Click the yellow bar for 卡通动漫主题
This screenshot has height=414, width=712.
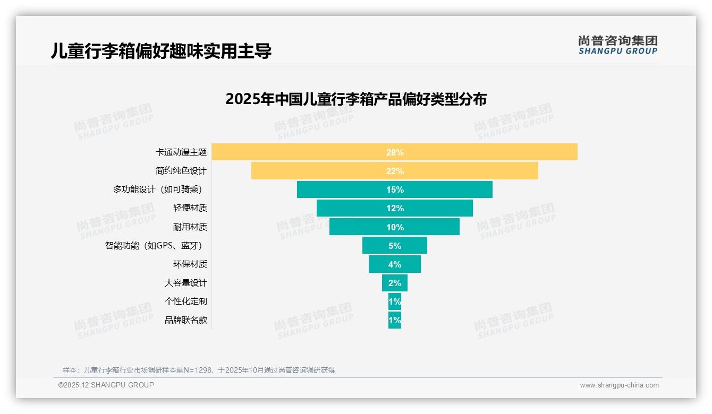point(478,152)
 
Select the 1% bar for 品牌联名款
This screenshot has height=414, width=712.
point(395,320)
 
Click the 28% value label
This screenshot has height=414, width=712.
point(395,152)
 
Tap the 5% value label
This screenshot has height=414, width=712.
point(395,246)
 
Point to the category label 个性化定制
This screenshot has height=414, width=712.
point(185,301)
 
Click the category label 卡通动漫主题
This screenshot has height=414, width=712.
point(181,152)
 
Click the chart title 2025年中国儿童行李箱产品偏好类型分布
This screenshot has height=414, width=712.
point(355,99)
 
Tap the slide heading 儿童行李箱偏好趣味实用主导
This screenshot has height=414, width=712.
point(161,51)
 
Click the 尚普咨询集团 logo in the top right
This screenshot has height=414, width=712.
point(617,45)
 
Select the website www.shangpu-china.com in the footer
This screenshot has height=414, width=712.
point(619,385)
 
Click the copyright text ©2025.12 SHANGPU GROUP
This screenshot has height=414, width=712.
point(106,385)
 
